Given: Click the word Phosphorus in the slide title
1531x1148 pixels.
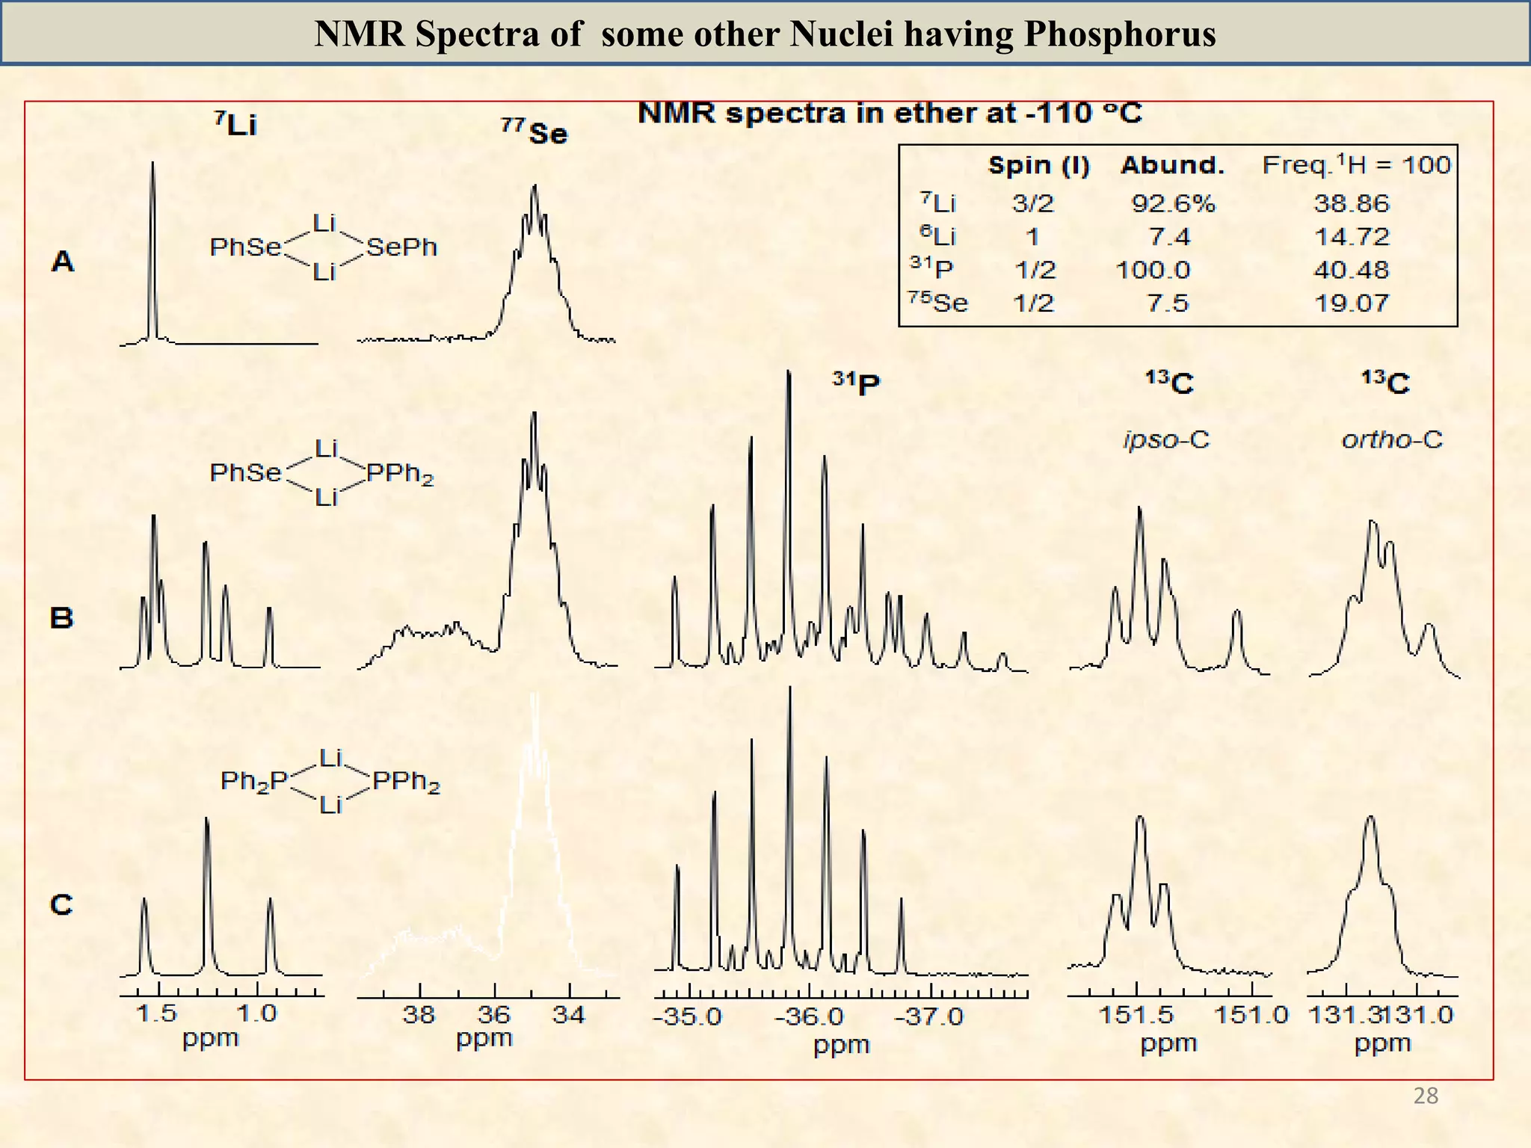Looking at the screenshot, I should (1119, 34).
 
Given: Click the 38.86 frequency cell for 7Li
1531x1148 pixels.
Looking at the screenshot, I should (1351, 203).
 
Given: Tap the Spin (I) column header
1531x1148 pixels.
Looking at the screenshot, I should (1038, 165).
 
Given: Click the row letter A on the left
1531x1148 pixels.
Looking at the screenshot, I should (63, 262).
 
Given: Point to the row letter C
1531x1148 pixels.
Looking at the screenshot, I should (61, 905).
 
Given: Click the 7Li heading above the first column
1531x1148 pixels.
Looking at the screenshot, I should (235, 124).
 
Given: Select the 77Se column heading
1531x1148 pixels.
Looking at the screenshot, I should (535, 132).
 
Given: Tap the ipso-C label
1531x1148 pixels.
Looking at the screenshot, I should (1166, 439).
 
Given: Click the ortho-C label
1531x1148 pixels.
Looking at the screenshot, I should (1391, 439).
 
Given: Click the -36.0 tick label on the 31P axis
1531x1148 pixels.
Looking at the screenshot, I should (810, 1017).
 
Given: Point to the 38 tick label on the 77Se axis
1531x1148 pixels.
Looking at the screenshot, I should (419, 1015).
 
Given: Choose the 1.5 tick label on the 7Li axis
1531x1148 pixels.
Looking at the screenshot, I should (156, 1013).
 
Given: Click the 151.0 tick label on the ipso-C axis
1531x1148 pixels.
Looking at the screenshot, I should (1251, 1015).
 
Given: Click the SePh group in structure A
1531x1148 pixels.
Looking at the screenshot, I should (401, 247).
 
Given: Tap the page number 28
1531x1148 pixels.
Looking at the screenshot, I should (1426, 1096).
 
